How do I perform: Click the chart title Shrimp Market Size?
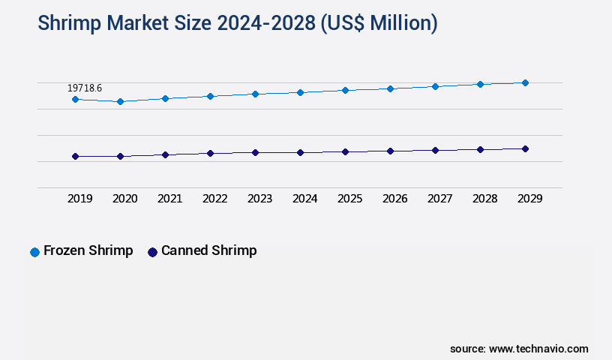[237, 23]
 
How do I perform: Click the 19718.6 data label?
[85, 88]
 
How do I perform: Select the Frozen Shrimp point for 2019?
[75, 99]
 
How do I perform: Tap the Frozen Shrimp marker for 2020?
[120, 101]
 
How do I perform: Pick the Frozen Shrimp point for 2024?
[300, 92]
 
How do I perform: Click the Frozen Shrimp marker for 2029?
[525, 82]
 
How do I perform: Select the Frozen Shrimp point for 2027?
[435, 86]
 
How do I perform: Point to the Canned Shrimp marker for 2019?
[75, 156]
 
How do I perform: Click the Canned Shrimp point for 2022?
[210, 153]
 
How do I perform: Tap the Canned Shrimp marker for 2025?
[345, 151]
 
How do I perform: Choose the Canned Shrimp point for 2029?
[525, 148]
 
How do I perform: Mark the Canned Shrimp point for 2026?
[390, 151]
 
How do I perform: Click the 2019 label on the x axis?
[80, 199]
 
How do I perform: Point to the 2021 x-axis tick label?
[170, 199]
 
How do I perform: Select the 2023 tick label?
[260, 199]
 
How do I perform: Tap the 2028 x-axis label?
[485, 199]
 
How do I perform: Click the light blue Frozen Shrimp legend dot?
[34, 252]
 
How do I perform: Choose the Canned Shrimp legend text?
[208, 250]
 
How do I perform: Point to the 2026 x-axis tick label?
[395, 199]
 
